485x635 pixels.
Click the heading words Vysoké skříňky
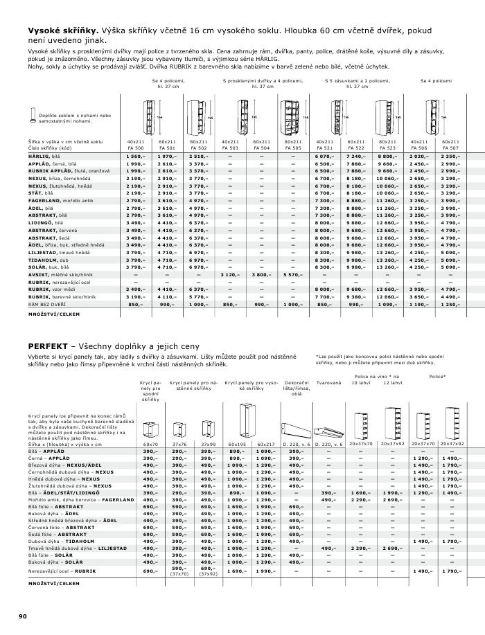pyautogui.click(x=64, y=30)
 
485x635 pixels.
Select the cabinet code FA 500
pyautogui.click(x=135, y=147)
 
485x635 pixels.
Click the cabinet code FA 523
pyautogui.click(x=387, y=147)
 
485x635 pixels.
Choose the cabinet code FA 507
pyautogui.click(x=450, y=147)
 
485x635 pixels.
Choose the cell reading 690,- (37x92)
pyautogui.click(x=207, y=571)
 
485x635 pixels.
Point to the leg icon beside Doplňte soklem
pyautogui.click(x=32, y=116)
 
